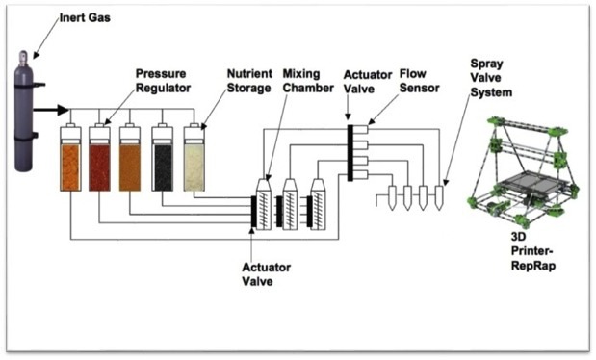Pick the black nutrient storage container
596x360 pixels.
coord(164,164)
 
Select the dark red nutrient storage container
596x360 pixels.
coord(101,164)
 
